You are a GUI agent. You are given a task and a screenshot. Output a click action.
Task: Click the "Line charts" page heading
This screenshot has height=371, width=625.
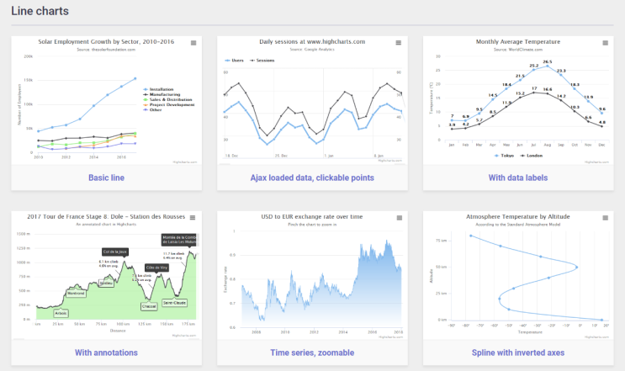click(40, 12)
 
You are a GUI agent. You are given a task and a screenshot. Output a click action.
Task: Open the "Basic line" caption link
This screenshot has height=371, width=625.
click(106, 178)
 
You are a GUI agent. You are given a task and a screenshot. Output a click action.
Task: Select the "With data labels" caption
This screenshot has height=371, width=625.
click(518, 178)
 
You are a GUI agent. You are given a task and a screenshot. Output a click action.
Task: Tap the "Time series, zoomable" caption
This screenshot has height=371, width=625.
click(312, 352)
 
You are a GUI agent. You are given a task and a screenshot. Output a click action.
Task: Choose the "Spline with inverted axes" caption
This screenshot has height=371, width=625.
click(518, 352)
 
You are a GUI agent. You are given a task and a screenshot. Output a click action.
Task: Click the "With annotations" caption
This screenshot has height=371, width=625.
click(106, 352)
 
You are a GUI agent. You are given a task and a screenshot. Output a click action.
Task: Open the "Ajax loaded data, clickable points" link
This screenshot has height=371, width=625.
click(312, 178)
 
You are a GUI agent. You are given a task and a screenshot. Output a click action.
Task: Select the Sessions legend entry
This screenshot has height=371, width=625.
click(263, 61)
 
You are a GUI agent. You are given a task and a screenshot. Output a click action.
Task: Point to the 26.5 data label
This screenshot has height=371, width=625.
click(547, 61)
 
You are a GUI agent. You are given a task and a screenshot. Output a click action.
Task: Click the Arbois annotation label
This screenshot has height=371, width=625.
click(61, 313)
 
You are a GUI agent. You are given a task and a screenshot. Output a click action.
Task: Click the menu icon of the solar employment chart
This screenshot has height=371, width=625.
click(193, 42)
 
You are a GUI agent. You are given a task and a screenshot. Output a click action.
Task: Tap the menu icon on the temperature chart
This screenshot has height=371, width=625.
click(605, 42)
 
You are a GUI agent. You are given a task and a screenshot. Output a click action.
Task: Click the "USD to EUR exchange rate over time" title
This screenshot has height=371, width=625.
click(312, 217)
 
